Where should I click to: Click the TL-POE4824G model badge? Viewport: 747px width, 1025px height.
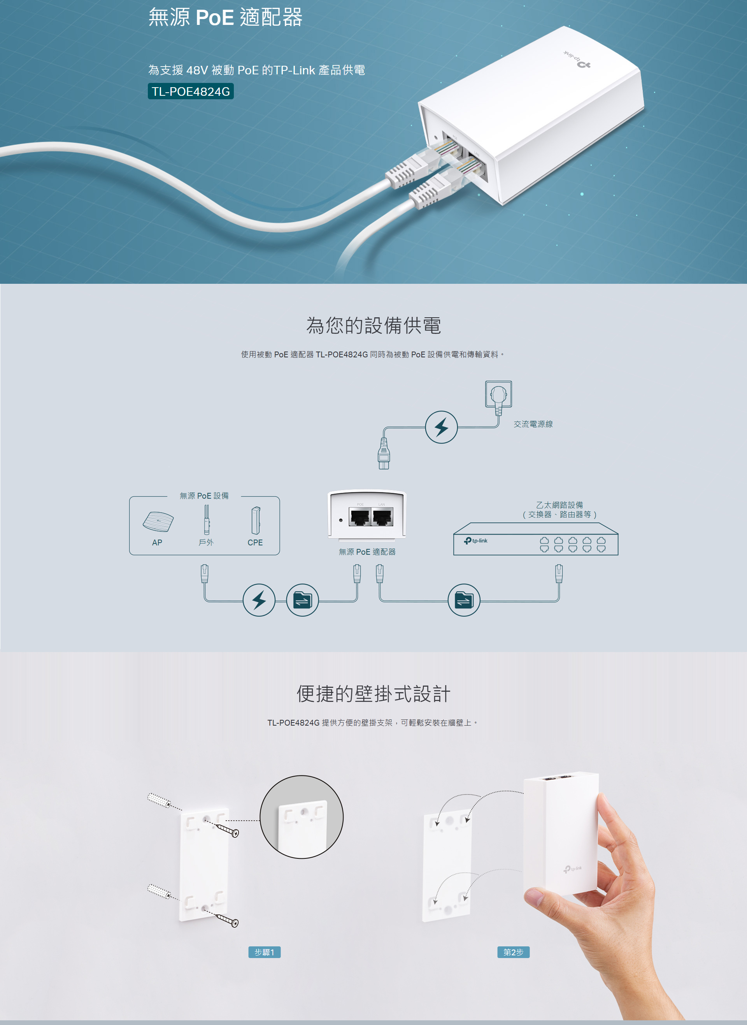pyautogui.click(x=190, y=91)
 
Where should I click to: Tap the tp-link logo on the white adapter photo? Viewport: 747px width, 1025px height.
pyautogui.click(x=577, y=61)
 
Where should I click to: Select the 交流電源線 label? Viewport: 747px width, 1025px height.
pyautogui.click(x=533, y=424)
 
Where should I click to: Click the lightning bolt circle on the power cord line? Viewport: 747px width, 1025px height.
pyautogui.click(x=441, y=427)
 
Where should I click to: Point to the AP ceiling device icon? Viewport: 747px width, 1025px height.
pyautogui.click(x=158, y=521)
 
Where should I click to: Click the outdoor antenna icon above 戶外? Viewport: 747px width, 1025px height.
pyautogui.click(x=206, y=520)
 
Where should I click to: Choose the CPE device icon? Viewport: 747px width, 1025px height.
pyautogui.click(x=256, y=520)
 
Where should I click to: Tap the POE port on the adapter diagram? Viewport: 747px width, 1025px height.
pyautogui.click(x=360, y=517)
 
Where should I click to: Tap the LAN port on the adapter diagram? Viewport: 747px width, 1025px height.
pyautogui.click(x=382, y=517)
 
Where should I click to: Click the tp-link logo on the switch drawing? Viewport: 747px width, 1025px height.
pyautogui.click(x=476, y=541)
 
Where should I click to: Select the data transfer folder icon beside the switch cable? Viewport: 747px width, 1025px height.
pyautogui.click(x=463, y=600)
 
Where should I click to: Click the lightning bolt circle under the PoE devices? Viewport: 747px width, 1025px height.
pyautogui.click(x=259, y=600)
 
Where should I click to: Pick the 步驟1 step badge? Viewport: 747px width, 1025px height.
pyautogui.click(x=265, y=952)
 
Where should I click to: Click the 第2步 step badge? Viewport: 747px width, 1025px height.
pyautogui.click(x=513, y=952)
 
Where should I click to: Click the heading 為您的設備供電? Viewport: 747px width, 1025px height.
pyautogui.click(x=373, y=325)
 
